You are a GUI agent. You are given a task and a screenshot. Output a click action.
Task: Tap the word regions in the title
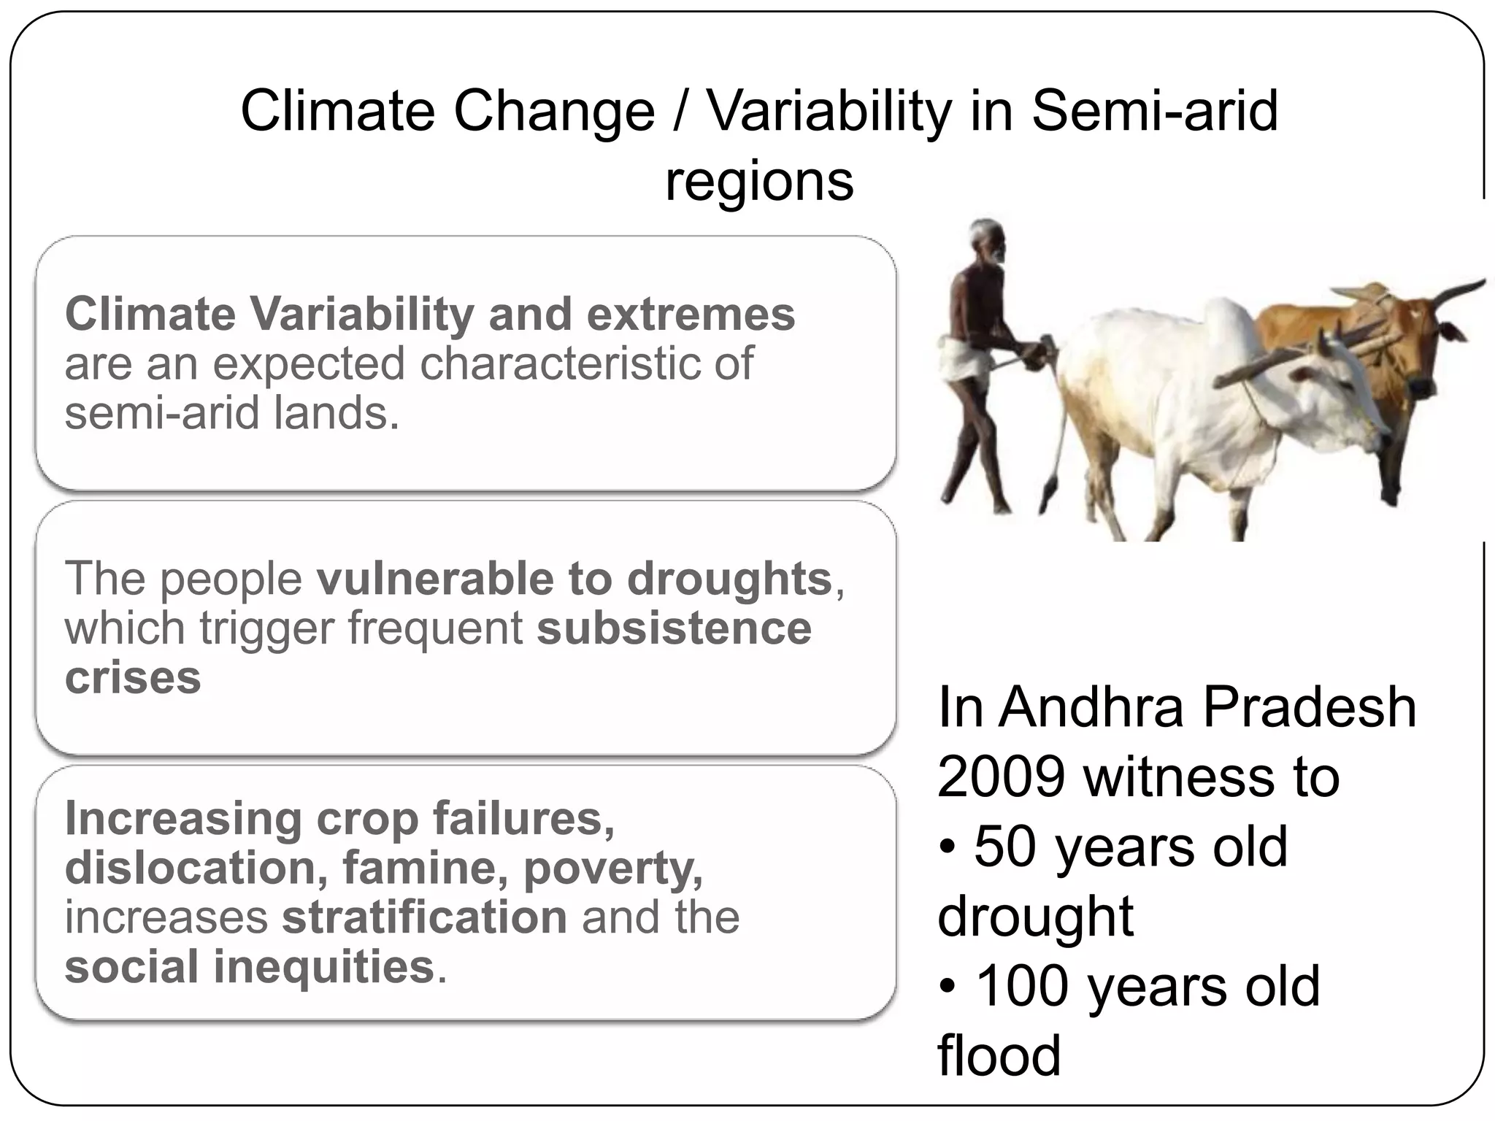[x=759, y=182]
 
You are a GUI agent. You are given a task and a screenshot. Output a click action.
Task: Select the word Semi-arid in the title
[x=1155, y=112]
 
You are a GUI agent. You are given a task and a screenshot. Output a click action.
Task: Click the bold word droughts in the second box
[x=729, y=579]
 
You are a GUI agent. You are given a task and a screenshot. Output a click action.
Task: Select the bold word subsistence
[x=674, y=628]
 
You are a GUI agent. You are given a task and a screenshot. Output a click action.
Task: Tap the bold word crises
[x=132, y=678]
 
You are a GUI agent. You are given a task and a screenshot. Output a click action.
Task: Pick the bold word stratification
[x=425, y=917]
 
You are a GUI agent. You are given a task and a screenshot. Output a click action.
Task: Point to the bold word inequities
[x=324, y=967]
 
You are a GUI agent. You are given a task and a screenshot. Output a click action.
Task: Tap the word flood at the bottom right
[x=999, y=1055]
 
